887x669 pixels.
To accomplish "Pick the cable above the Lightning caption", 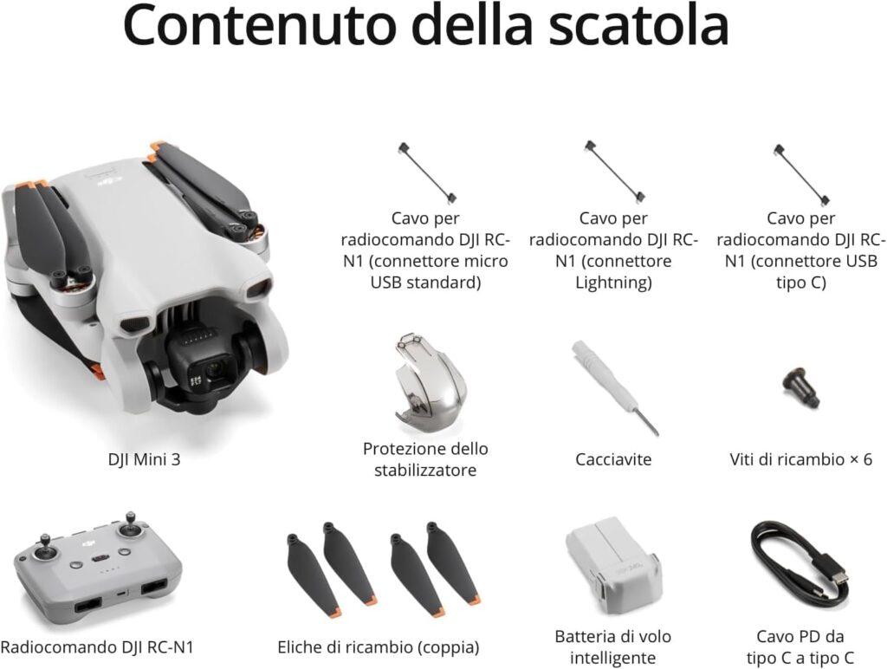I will coord(613,172).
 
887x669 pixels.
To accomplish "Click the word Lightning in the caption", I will coord(613,283).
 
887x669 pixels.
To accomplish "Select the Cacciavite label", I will coord(613,459).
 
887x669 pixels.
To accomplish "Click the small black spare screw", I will coord(800,388).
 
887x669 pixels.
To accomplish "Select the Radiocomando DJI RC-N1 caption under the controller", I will coord(97,647).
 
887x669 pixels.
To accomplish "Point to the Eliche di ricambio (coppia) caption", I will coord(379,647).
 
